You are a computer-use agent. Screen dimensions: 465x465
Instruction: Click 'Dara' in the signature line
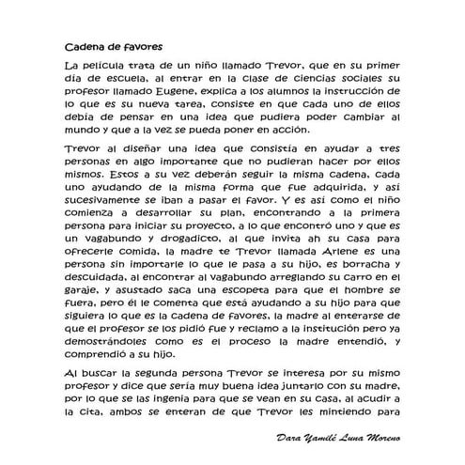[x=292, y=440]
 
